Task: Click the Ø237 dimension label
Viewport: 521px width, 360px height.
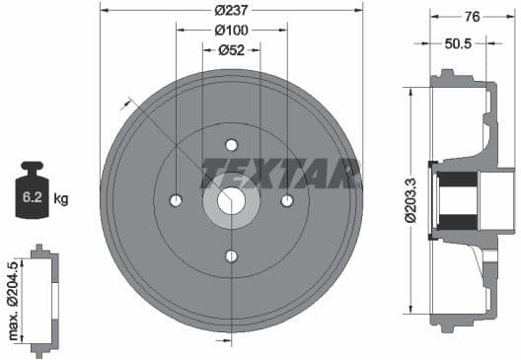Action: coord(231,11)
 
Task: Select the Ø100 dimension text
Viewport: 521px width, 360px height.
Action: coord(231,31)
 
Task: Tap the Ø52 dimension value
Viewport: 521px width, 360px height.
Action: coord(231,49)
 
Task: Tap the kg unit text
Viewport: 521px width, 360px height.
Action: coord(61,199)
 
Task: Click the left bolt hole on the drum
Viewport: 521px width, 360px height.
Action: coord(176,200)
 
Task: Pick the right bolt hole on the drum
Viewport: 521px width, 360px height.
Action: coord(287,200)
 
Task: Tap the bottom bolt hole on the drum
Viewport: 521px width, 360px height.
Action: coord(232,256)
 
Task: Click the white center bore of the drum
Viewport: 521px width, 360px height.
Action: coord(232,200)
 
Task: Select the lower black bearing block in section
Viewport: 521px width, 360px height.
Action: coord(455,221)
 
